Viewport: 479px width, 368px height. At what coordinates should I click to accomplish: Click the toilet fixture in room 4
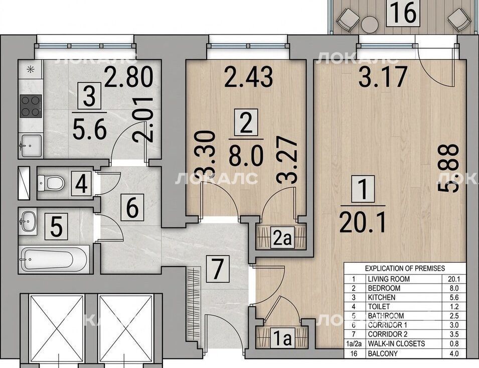click(x=51, y=183)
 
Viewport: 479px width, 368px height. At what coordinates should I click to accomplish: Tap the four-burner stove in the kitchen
click(x=31, y=106)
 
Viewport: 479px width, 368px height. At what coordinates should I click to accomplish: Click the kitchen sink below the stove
click(x=31, y=146)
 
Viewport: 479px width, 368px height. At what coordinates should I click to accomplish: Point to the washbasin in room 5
click(x=28, y=220)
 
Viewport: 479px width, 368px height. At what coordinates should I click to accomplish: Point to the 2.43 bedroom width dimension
click(x=248, y=77)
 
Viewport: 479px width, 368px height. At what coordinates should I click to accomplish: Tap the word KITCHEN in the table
click(x=382, y=297)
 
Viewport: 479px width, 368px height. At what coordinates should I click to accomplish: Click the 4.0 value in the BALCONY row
click(x=454, y=353)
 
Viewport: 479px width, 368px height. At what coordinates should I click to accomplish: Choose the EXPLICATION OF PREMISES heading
click(x=405, y=269)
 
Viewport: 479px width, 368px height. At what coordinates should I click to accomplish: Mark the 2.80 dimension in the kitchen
click(x=128, y=77)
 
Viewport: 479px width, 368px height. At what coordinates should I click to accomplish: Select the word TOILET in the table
click(x=379, y=307)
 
